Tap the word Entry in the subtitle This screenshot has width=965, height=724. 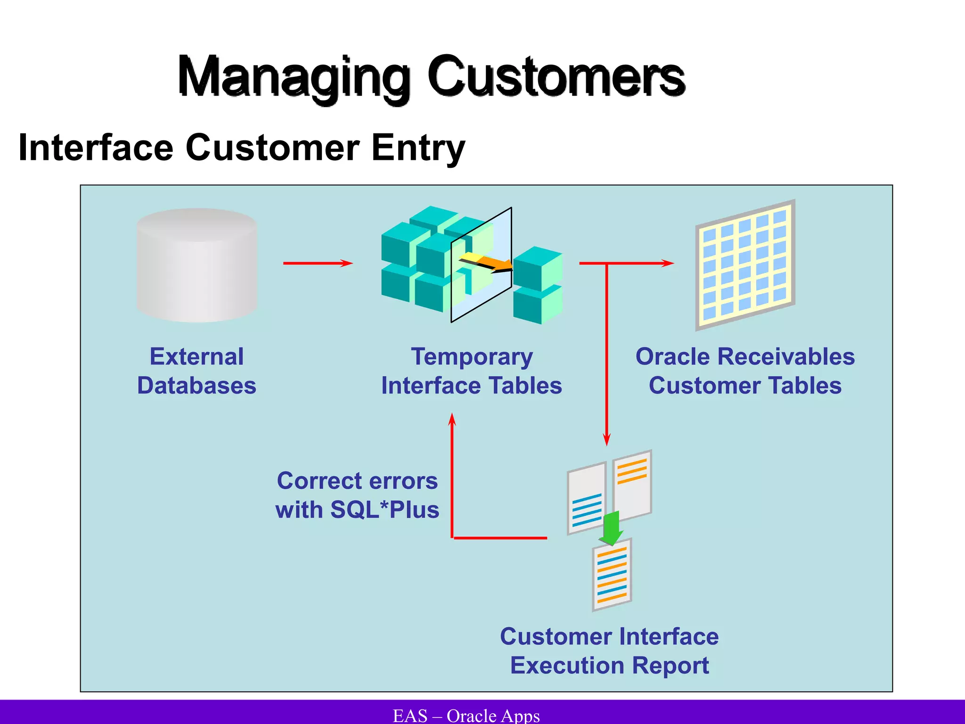pyautogui.click(x=417, y=148)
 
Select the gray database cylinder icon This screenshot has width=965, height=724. pyautogui.click(x=197, y=265)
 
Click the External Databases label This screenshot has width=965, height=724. pyautogui.click(x=196, y=371)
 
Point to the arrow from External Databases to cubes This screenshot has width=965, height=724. pyautogui.click(x=318, y=263)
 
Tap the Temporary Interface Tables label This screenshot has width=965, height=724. pyautogui.click(x=471, y=371)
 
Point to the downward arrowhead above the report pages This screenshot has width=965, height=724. pyautogui.click(x=607, y=439)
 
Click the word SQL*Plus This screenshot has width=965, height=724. pyautogui.click(x=384, y=510)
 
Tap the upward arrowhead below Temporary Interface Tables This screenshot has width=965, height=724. pyautogui.click(x=452, y=420)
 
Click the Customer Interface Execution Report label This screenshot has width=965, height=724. pyautogui.click(x=609, y=651)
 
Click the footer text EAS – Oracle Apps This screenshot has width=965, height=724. pyautogui.click(x=466, y=716)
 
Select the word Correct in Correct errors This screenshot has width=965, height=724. pyautogui.click(x=312, y=481)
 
